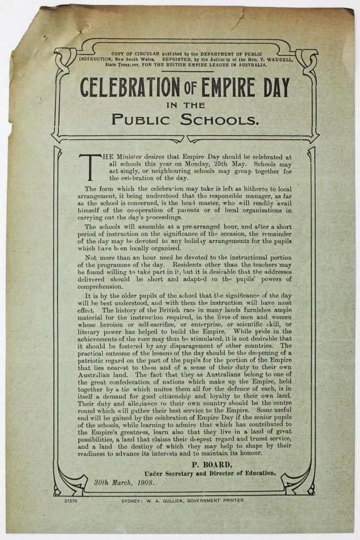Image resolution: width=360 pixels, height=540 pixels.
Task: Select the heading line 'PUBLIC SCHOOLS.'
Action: pos(186,119)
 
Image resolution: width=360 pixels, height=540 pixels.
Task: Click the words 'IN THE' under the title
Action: pos(185,104)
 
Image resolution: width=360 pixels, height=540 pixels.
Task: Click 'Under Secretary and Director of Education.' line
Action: pos(210,473)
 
